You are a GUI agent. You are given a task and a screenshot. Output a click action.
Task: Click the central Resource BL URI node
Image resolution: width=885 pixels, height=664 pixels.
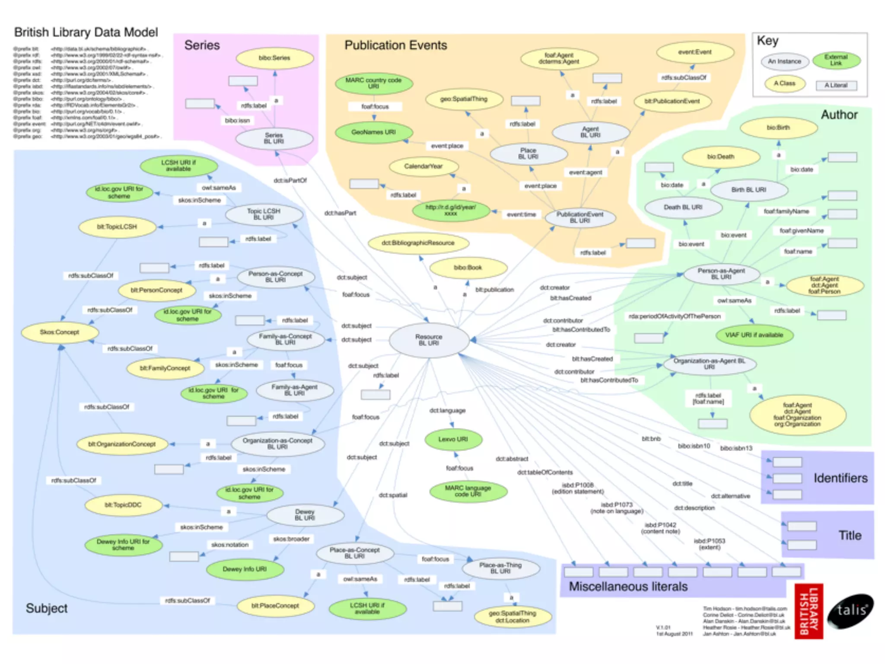(x=429, y=340)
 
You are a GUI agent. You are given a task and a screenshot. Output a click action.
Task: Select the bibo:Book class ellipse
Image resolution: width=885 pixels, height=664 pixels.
(x=468, y=268)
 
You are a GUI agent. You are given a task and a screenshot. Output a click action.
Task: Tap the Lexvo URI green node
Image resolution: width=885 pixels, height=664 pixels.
(x=453, y=439)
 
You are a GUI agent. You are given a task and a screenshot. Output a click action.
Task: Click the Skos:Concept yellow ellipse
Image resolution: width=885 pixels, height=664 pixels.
(x=60, y=332)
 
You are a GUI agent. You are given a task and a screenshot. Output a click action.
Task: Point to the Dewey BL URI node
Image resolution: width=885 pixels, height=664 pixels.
(x=305, y=515)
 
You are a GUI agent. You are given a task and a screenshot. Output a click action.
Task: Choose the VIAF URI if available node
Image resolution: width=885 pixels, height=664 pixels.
(x=754, y=335)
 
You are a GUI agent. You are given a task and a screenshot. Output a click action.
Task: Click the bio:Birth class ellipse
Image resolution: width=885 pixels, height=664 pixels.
(x=778, y=128)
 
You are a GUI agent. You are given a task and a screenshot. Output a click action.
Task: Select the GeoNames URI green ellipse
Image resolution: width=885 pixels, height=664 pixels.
(x=374, y=132)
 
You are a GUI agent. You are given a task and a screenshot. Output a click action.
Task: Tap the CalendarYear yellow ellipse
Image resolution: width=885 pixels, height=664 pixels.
(x=423, y=166)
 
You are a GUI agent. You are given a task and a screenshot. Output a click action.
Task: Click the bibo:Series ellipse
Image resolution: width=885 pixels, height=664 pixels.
(x=274, y=58)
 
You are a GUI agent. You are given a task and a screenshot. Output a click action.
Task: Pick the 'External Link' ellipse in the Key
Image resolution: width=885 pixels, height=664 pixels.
(x=836, y=60)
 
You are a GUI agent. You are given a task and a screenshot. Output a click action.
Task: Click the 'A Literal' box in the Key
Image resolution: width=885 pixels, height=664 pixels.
(x=836, y=85)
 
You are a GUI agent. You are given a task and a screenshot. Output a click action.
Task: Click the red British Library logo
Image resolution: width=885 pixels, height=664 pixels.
(x=809, y=611)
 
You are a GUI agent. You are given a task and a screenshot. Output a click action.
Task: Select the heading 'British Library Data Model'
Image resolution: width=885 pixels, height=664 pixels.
(x=86, y=32)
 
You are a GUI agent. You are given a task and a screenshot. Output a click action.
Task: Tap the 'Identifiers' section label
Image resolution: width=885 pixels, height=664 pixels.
(x=840, y=478)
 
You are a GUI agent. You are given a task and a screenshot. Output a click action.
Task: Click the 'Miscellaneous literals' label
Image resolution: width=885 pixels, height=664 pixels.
(x=628, y=587)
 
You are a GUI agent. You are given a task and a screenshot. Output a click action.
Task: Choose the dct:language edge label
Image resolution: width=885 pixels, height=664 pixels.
(x=447, y=410)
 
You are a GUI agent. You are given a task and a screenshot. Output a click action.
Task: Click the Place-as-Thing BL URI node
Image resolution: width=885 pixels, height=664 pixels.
(x=500, y=568)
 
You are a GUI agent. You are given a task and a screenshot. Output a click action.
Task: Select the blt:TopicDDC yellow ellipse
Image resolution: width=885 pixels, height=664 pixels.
(x=123, y=505)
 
